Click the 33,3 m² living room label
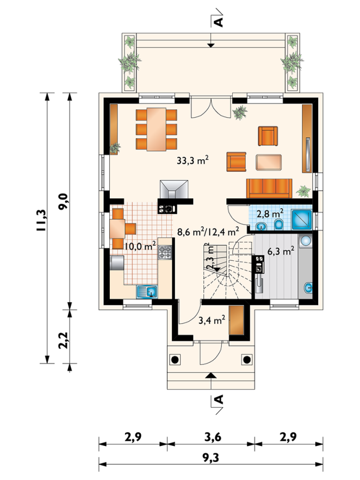[193, 160]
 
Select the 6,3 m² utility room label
[281, 251]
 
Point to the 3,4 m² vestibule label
[212, 320]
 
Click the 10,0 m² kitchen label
[140, 246]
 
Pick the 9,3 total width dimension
[210, 458]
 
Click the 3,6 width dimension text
[213, 437]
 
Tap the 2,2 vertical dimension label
[64, 340]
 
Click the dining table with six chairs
[157, 129]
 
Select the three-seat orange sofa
[269, 189]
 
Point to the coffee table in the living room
[269, 162]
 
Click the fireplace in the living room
[174, 189]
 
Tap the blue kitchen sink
[147, 292]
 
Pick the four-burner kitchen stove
[165, 253]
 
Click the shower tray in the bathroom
[301, 219]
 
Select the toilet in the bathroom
[278, 225]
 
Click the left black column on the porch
[175, 359]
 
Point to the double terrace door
[210, 107]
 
